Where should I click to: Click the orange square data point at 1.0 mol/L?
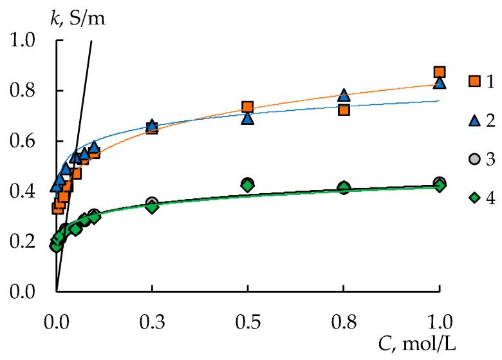click(x=440, y=72)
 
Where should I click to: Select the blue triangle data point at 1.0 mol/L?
click(x=440, y=82)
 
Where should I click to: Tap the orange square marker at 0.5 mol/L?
click(x=247, y=107)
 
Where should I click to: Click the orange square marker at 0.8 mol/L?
click(x=344, y=109)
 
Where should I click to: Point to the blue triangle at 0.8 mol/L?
click(x=344, y=95)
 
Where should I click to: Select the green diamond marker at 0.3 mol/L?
click(x=152, y=207)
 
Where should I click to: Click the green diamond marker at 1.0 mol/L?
click(x=440, y=185)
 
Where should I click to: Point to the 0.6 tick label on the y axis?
click(x=26, y=141)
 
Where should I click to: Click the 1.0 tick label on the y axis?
click(x=26, y=41)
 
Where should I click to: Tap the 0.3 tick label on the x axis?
click(x=152, y=321)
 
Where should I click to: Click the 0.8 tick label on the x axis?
click(x=344, y=321)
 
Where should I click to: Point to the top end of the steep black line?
click(x=91, y=41)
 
